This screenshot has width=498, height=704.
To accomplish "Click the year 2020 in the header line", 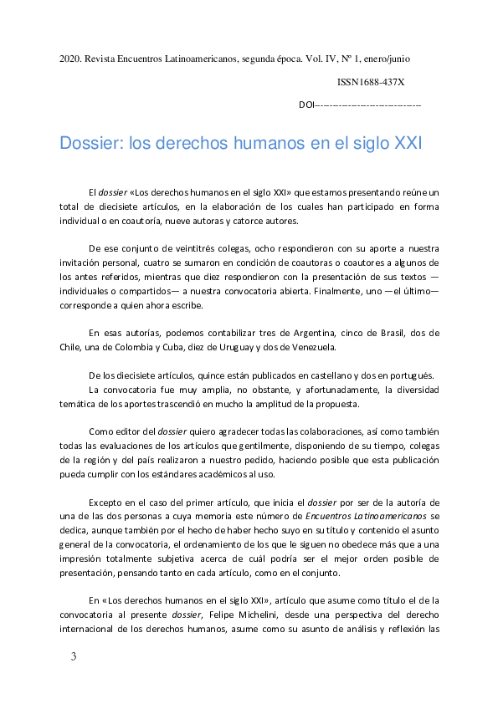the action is coord(69,59).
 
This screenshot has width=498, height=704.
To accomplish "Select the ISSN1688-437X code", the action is coord(371,83).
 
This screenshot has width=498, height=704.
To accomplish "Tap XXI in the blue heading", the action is coord(407,143).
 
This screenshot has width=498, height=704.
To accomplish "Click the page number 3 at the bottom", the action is coord(74,656).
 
